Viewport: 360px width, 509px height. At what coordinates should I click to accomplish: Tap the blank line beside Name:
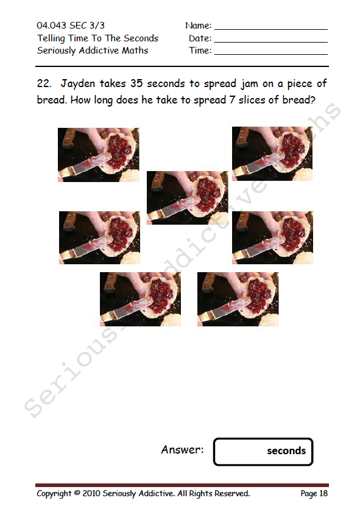[x=271, y=30]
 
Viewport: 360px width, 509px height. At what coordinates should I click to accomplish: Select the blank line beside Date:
[x=271, y=42]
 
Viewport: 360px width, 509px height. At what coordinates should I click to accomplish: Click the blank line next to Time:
[x=271, y=54]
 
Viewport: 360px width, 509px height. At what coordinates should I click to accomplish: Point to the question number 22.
[x=44, y=83]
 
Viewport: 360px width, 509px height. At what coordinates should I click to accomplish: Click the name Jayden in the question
[x=78, y=84]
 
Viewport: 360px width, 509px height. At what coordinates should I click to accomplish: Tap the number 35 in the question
[x=136, y=83]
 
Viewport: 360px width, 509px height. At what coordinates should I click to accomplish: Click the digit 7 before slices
[x=231, y=100]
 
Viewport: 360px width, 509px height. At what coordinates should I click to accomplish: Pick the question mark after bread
[x=312, y=100]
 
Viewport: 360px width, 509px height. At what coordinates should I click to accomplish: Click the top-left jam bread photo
[x=99, y=155]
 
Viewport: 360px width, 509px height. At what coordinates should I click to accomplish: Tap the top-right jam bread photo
[x=272, y=153]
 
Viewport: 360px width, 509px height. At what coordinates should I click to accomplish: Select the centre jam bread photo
[x=188, y=198]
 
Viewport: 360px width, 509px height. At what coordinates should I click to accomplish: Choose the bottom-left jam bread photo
[x=140, y=299]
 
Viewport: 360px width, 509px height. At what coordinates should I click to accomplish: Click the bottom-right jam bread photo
[x=238, y=299]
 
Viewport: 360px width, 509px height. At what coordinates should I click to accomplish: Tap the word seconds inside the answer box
[x=286, y=451]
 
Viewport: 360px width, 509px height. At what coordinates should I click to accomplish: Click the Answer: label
[x=182, y=449]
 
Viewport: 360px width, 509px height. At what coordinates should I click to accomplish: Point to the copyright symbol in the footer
[x=77, y=493]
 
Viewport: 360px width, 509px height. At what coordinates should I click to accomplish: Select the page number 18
[x=323, y=493]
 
